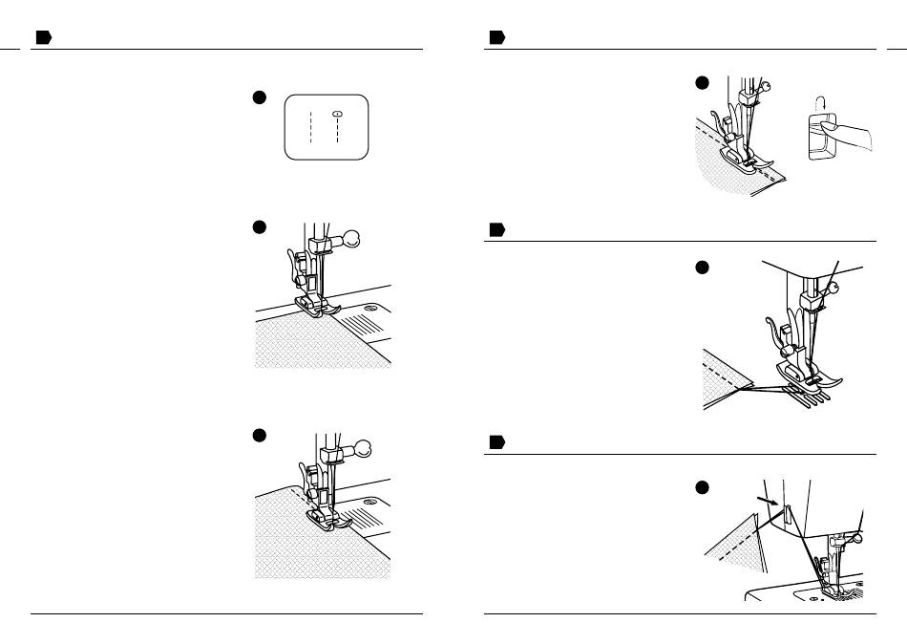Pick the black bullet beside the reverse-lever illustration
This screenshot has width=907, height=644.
702,83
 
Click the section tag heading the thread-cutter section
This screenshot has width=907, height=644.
496,442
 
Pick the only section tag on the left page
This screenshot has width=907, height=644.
42,37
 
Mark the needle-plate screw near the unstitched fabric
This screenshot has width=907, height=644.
370,308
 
